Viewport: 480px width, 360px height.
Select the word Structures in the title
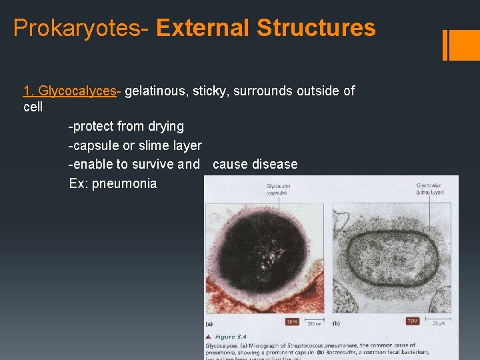click(x=316, y=28)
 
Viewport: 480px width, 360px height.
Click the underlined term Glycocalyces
click(x=77, y=91)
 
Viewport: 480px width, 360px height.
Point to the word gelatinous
click(x=154, y=91)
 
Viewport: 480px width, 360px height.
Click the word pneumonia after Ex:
click(x=124, y=183)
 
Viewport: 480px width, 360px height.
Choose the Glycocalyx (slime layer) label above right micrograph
click(x=430, y=189)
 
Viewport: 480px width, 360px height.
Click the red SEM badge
click(x=292, y=322)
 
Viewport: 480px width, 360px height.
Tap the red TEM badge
click(x=413, y=321)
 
